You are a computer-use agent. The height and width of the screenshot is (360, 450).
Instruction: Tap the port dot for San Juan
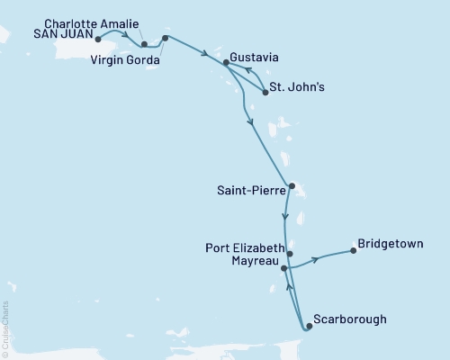click(x=97, y=40)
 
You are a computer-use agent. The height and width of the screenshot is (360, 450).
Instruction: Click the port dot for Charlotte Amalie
click(x=144, y=42)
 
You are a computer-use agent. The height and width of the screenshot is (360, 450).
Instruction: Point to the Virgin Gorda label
click(x=125, y=60)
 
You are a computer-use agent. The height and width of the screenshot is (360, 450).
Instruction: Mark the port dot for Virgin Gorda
click(x=165, y=39)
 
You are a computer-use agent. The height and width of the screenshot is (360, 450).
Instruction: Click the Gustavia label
click(x=254, y=57)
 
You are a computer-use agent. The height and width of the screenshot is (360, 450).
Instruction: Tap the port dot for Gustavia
click(x=226, y=62)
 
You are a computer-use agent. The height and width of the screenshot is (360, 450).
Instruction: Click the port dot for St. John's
click(x=265, y=92)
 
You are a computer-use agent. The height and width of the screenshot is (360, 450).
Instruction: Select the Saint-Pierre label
click(x=249, y=189)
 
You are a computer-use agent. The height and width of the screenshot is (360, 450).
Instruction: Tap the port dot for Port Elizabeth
click(x=289, y=254)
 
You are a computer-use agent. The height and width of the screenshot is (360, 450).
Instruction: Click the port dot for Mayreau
click(x=284, y=268)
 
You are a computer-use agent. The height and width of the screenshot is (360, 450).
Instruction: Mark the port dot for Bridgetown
click(x=353, y=251)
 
